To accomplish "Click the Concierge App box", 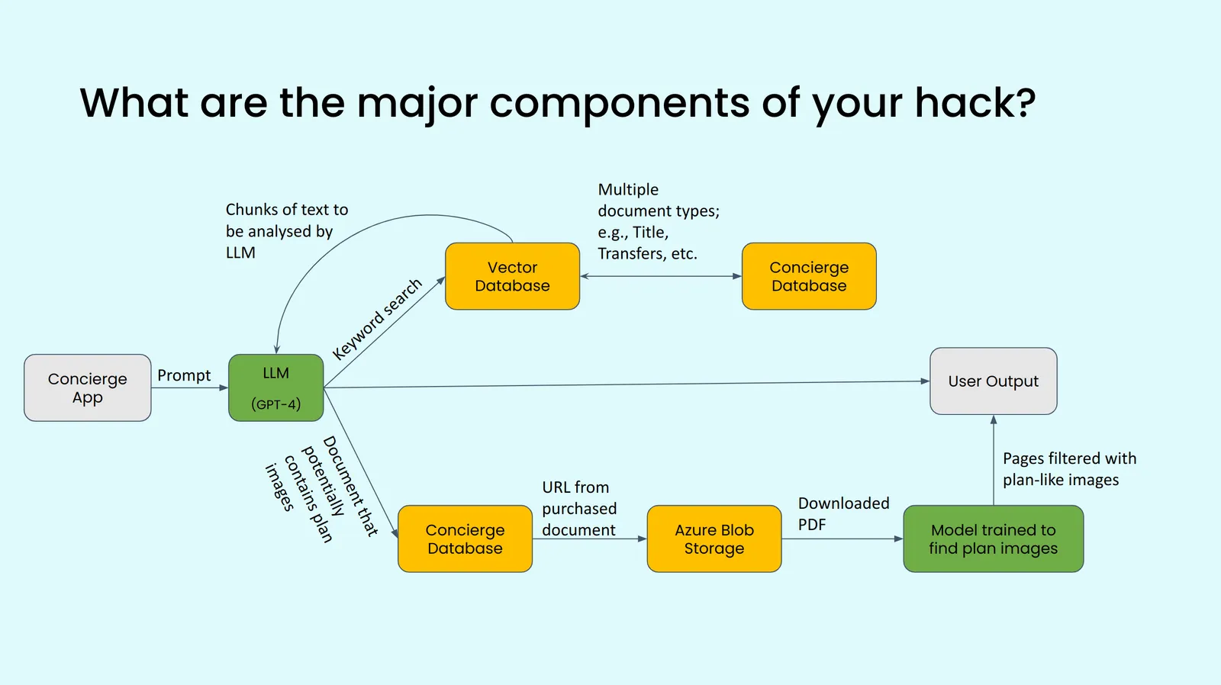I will tap(87, 388).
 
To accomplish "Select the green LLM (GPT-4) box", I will tap(275, 387).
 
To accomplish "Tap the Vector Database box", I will tap(512, 276).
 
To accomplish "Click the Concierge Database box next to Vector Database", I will tap(809, 276).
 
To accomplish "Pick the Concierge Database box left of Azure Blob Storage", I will tap(465, 539).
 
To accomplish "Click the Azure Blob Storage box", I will tap(714, 539).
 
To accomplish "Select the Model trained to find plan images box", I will tap(993, 539).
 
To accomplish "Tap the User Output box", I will tap(993, 381).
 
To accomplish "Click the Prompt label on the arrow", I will tap(184, 375).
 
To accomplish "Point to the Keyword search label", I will tap(377, 319).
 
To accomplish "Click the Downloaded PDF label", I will tap(843, 513).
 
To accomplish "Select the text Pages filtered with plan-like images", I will tap(1068, 469).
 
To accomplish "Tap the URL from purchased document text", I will tap(579, 508).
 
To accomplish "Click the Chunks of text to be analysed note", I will tap(286, 230).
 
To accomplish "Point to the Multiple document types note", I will tap(658, 221).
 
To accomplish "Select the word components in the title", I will tap(620, 103).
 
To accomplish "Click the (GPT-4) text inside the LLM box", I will tap(275, 404).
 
